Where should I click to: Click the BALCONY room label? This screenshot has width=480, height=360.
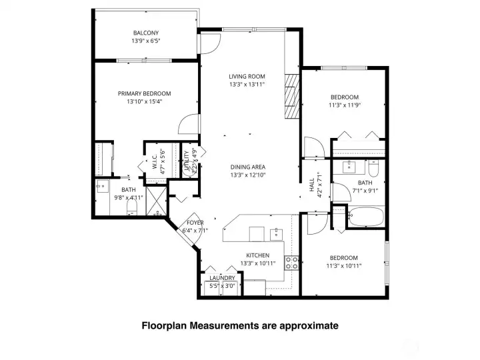(145, 33)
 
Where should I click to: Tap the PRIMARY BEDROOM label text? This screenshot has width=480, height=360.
(144, 93)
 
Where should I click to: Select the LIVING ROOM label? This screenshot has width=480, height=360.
(247, 76)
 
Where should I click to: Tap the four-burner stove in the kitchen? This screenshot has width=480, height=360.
(291, 261)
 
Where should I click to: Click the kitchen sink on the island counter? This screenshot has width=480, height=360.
(275, 233)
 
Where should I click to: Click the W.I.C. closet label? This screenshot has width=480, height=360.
(154, 166)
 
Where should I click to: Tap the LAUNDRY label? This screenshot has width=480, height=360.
(222, 278)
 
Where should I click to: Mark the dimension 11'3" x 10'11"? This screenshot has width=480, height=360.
(343, 266)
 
